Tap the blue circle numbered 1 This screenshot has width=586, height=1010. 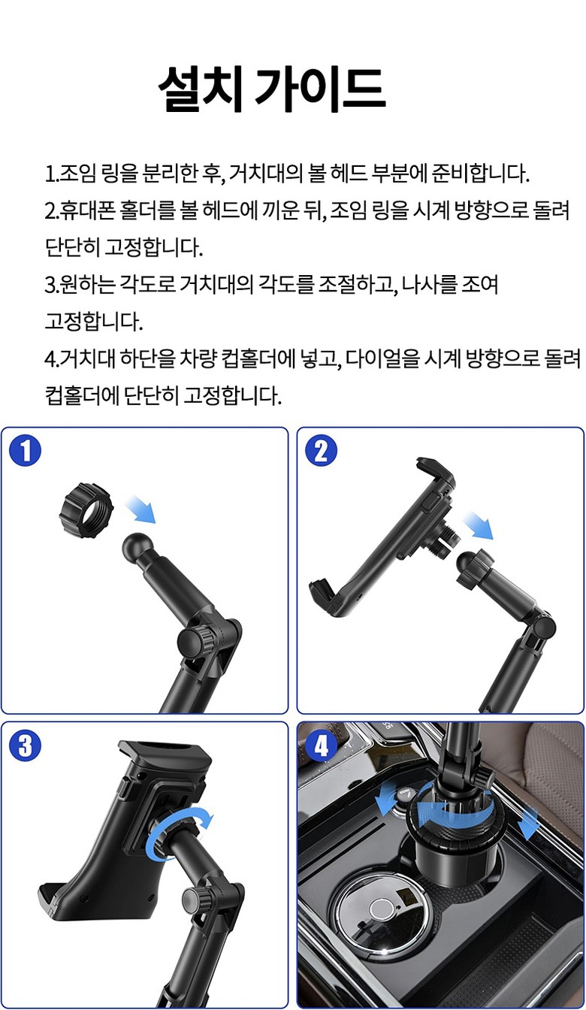click(x=26, y=450)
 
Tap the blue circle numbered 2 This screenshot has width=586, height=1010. click(x=321, y=450)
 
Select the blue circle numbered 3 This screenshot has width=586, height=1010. click(x=26, y=745)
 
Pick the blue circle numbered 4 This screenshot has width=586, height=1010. click(x=321, y=745)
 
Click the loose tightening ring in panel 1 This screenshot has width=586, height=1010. click(x=86, y=510)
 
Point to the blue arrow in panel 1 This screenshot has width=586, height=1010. click(x=140, y=509)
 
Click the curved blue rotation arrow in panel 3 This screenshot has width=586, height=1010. click(x=179, y=832)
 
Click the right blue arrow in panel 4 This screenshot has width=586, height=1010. click(x=528, y=821)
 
